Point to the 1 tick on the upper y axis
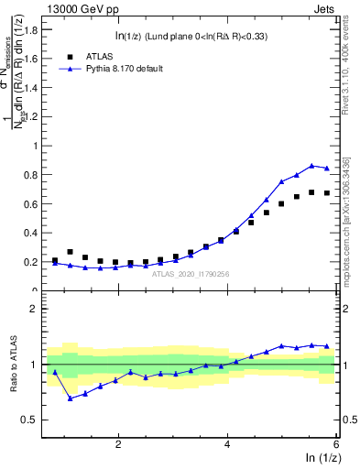tap(38, 146)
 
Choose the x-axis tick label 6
tap(336, 444)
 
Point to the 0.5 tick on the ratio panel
tap(33, 420)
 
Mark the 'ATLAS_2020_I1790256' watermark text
tap(191, 273)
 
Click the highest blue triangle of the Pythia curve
tap(311, 166)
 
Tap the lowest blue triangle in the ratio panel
tap(71, 398)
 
